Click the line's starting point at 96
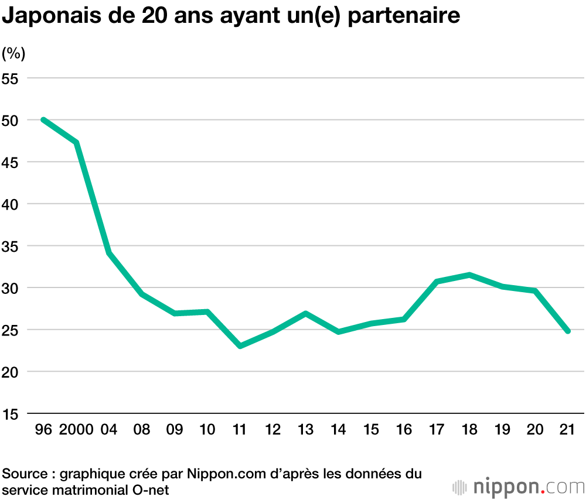coord(43,119)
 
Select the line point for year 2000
coord(76,142)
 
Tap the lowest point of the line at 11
coord(240,346)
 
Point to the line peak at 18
coord(470,275)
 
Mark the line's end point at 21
coord(567,331)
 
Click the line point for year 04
coord(109,253)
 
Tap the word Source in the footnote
coord(25,473)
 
